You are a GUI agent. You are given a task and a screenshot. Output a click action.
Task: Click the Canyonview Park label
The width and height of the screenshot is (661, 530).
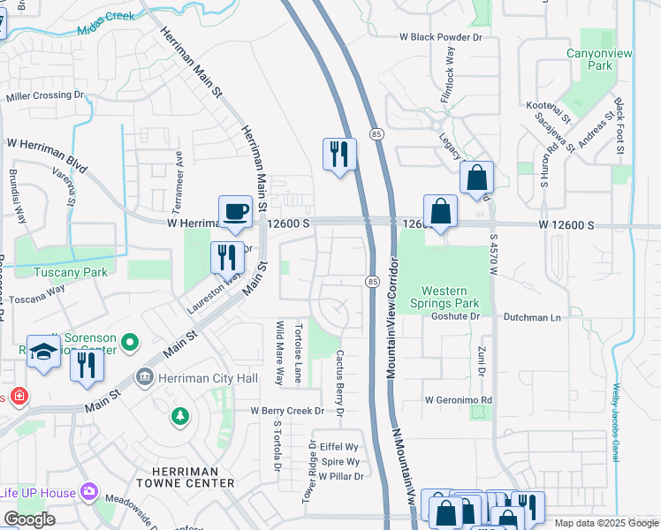pos(601,59)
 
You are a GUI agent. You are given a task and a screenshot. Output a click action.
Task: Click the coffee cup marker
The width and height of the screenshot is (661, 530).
pos(235,212)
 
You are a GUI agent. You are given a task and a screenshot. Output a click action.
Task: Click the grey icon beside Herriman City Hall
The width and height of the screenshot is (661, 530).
pos(143,378)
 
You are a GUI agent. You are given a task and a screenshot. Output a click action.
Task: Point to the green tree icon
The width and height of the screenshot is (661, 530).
pos(180,414)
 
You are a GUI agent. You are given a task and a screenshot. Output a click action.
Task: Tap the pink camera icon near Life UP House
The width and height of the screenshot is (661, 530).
pos(87,491)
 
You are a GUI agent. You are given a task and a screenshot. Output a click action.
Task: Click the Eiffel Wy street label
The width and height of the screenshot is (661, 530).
pos(338,447)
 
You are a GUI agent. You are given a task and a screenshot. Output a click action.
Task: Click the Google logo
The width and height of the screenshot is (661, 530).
pos(30,519)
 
